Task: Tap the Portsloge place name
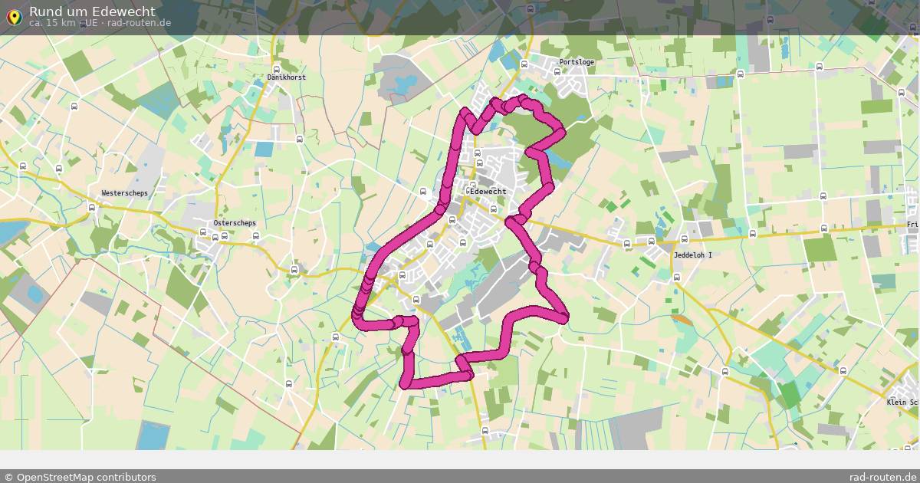[x=577, y=62]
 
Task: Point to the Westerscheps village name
[x=124, y=193]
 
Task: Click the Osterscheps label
[x=235, y=223]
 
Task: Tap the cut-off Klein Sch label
[x=902, y=402]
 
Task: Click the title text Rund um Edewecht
[x=92, y=11]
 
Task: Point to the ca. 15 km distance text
[x=52, y=23]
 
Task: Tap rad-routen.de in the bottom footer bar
[x=883, y=477]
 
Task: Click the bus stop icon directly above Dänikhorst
[x=277, y=67]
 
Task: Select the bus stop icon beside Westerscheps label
[x=93, y=206]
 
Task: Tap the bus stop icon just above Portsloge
[x=524, y=64]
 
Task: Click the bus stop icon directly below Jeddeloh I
[x=676, y=278]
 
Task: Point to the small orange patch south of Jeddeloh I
[x=680, y=319]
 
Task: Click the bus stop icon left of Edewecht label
[x=423, y=192]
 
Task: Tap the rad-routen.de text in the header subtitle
[x=139, y=23]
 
